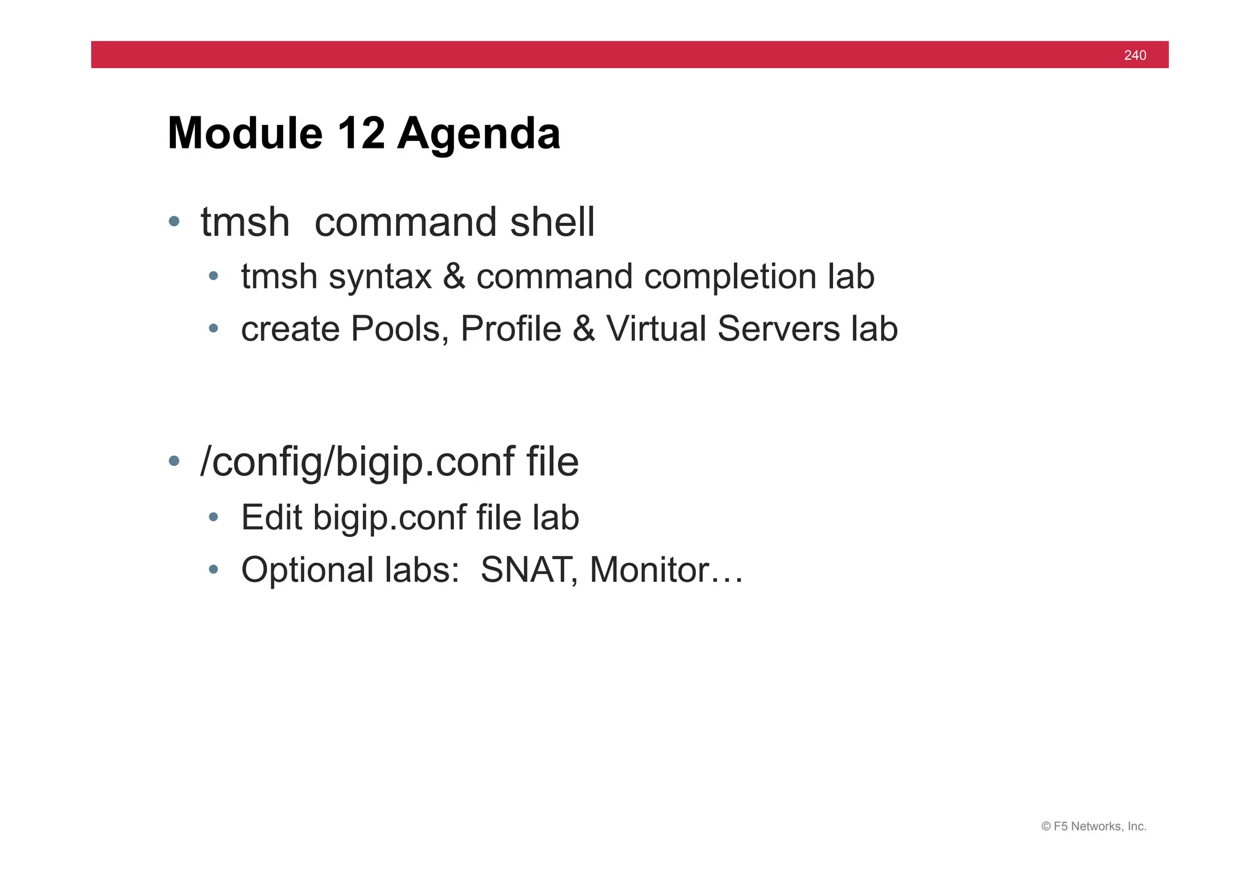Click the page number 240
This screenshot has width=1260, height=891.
(1134, 55)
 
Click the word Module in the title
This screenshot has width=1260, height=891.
(245, 134)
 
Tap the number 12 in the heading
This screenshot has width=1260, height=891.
(361, 134)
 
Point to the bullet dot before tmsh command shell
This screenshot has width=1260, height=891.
(174, 221)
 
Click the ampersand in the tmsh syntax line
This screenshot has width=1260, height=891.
(453, 276)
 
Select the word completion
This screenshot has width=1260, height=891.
(730, 278)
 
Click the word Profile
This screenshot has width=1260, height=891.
(511, 329)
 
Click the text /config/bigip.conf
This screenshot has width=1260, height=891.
(357, 463)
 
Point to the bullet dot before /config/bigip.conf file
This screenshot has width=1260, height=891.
(174, 461)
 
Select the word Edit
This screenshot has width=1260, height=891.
(271, 517)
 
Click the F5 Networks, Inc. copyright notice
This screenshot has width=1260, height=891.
(1093, 826)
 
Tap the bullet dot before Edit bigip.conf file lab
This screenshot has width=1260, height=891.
(213, 517)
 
